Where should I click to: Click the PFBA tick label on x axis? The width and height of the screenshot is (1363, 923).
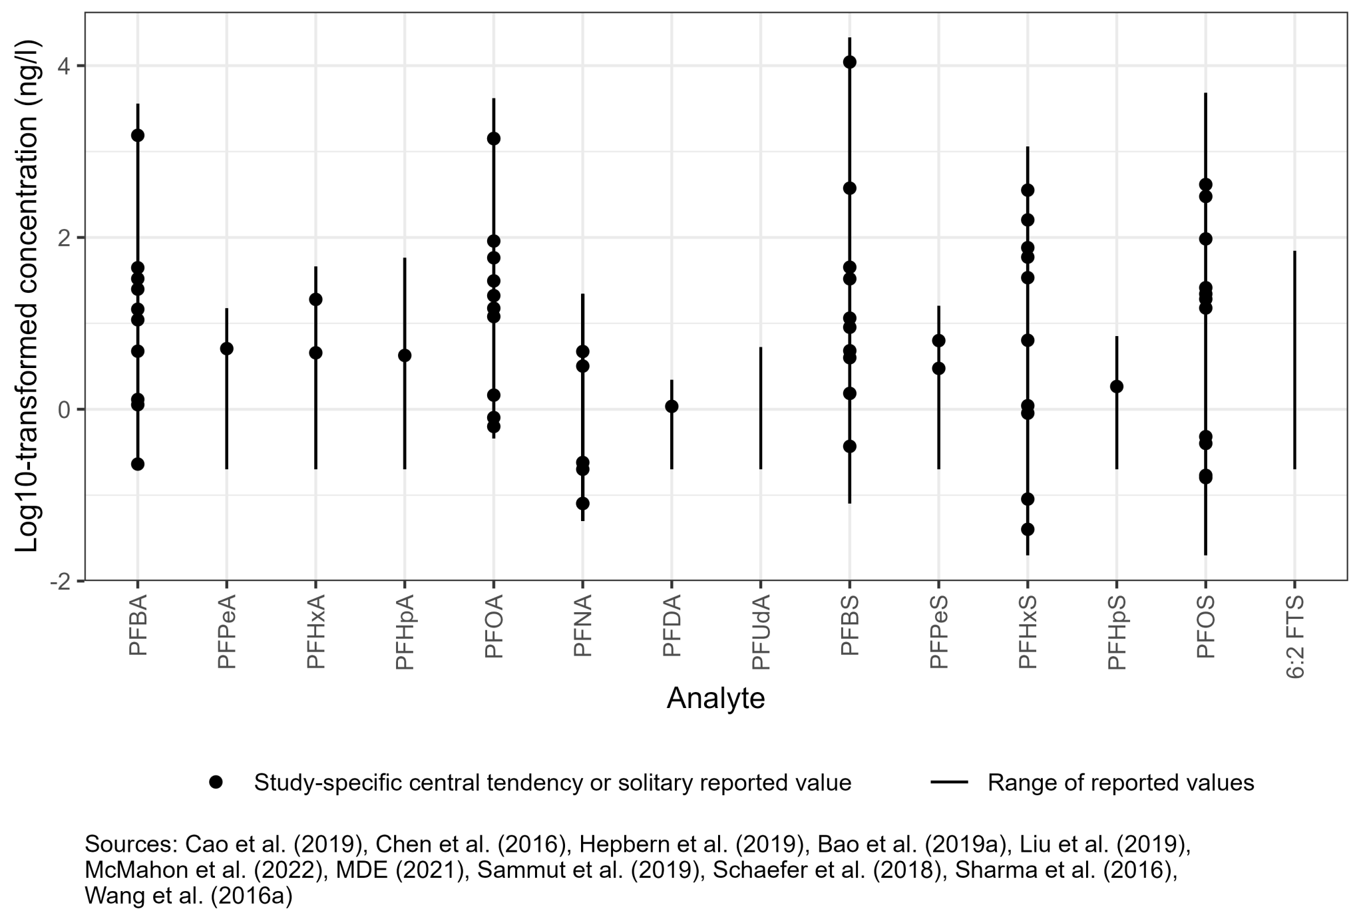pyautogui.click(x=138, y=627)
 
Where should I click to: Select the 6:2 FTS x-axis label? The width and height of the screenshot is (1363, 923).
pyautogui.click(x=1295, y=638)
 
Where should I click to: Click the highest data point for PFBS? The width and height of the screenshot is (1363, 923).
pyautogui.click(x=850, y=63)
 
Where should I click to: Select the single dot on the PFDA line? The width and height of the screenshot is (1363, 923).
pyautogui.click(x=672, y=407)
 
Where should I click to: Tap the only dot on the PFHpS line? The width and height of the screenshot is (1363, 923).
pyautogui.click(x=1117, y=387)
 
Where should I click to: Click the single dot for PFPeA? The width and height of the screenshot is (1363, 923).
pyautogui.click(x=227, y=349)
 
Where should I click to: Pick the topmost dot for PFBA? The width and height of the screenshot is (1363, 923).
pyautogui.click(x=138, y=135)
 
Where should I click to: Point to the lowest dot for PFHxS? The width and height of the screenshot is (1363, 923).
pyautogui.click(x=1028, y=530)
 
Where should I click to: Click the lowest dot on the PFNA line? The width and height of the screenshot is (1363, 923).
pyautogui.click(x=583, y=503)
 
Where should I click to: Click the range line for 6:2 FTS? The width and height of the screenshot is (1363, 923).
pyautogui.click(x=1294, y=359)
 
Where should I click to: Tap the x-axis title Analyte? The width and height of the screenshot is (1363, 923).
pyautogui.click(x=715, y=699)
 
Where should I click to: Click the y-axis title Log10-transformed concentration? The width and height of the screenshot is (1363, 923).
pyautogui.click(x=28, y=296)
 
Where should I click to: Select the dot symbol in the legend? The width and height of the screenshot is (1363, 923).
pyautogui.click(x=216, y=783)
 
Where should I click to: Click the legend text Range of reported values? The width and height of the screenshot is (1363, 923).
pyautogui.click(x=1121, y=783)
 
